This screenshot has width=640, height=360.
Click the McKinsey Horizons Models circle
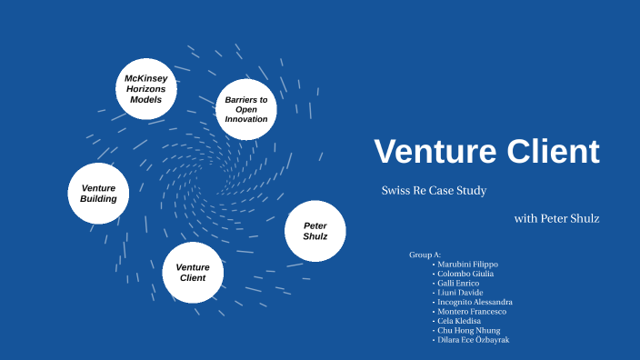click(145, 89)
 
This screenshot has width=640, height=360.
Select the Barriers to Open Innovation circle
click(245, 109)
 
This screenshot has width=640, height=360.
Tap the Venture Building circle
click(98, 193)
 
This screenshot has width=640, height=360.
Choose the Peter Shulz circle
click(315, 231)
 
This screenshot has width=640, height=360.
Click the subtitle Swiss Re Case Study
click(434, 191)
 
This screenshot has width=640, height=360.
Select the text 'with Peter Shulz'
click(556, 218)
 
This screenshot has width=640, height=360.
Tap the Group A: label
click(425, 255)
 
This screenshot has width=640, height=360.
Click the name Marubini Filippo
click(467, 265)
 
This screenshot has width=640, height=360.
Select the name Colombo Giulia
click(465, 274)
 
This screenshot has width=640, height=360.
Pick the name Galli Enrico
click(460, 283)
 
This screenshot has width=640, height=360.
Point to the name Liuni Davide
click(460, 292)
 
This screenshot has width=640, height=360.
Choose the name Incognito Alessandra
click(475, 302)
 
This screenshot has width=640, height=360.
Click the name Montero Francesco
click(471, 311)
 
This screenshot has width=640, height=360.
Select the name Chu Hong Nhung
click(468, 330)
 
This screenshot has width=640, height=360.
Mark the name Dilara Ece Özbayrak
click(473, 339)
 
